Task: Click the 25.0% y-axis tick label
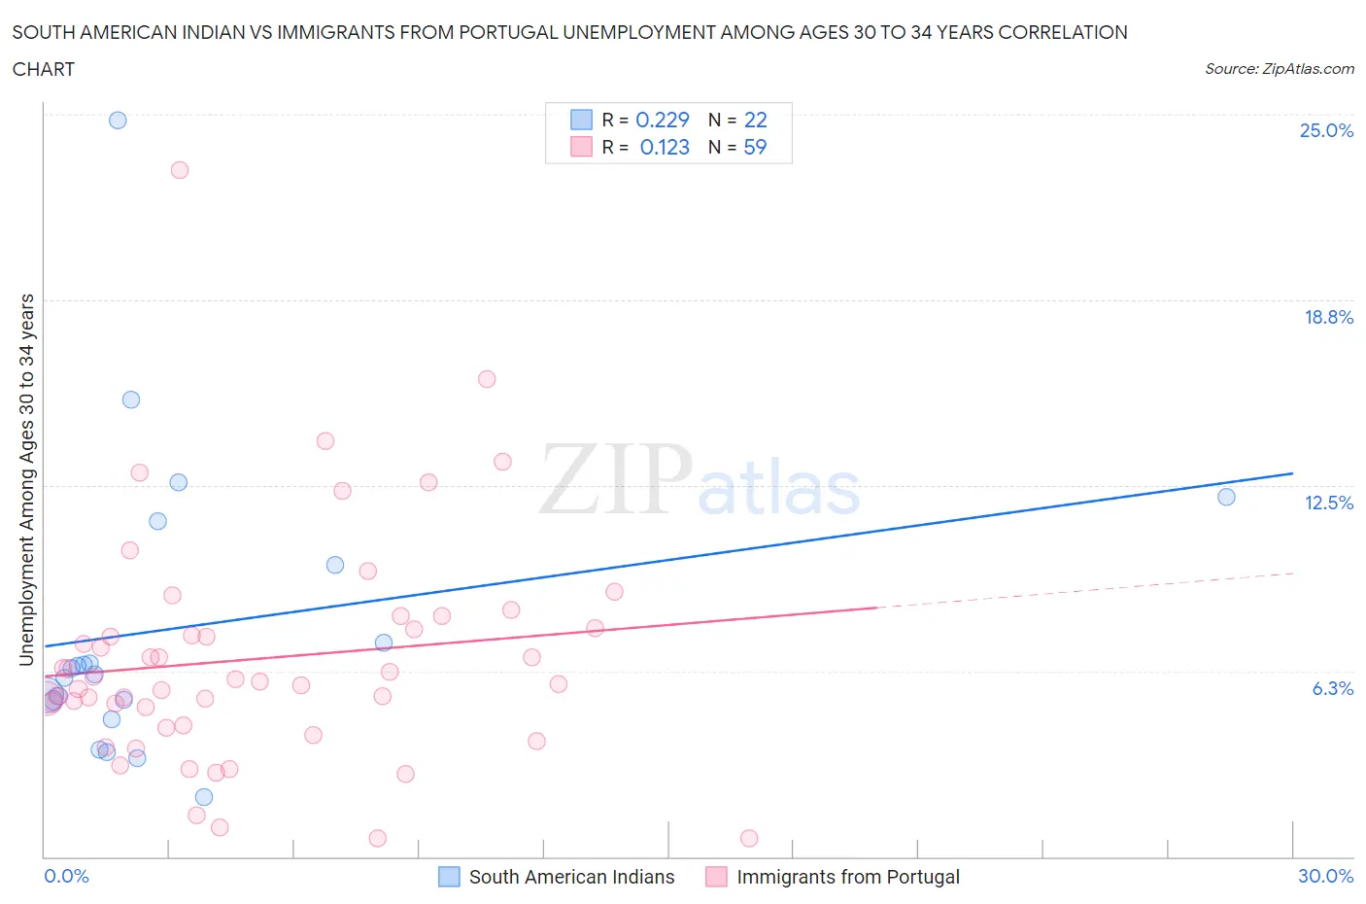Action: tap(1326, 130)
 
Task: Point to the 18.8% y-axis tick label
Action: tap(1328, 317)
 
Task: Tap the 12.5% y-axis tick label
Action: tap(1328, 503)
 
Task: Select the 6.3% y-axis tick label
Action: tap(1332, 688)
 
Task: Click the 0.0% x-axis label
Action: tap(66, 876)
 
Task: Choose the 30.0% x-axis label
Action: tap(1325, 876)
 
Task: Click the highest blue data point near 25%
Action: tap(118, 121)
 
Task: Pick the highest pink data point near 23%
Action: tap(180, 170)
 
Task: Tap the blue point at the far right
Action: tap(1226, 498)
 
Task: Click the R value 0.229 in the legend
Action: tap(662, 120)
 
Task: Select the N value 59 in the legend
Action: tap(755, 147)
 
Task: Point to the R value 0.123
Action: tap(665, 147)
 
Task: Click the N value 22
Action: tap(755, 120)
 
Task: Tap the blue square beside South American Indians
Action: tap(449, 877)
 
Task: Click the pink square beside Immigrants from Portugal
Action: tap(716, 877)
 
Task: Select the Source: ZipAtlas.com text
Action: tap(1279, 69)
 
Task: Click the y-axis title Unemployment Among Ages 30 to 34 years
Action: tap(26, 480)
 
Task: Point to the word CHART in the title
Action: tap(44, 69)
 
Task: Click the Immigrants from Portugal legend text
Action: tap(847, 877)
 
